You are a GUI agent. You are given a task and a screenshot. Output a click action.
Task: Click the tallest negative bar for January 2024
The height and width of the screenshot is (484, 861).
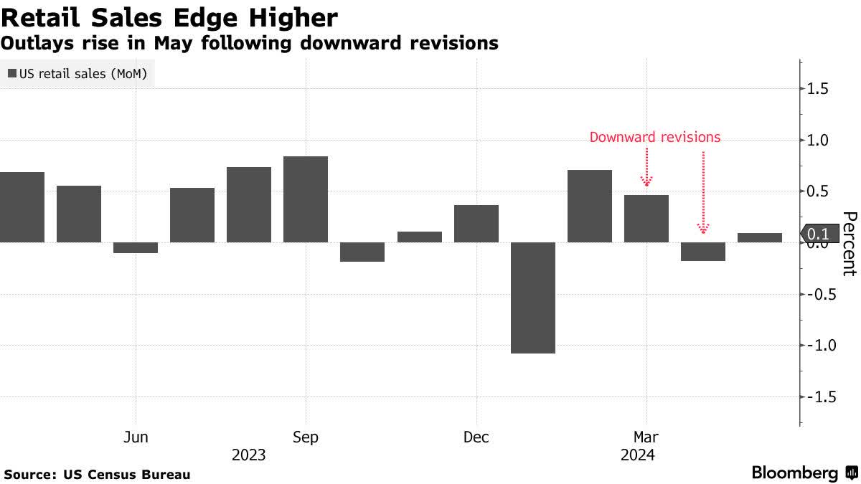533,298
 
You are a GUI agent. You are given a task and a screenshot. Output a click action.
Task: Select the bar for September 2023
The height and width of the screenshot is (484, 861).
306,199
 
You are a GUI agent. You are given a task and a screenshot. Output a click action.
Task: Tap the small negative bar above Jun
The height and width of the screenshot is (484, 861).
136,247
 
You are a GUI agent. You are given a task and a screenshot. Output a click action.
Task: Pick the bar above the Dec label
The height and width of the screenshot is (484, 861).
476,224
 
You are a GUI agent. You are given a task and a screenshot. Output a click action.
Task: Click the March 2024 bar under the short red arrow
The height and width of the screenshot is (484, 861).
646,219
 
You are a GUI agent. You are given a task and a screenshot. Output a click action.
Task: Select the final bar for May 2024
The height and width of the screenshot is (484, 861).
760,237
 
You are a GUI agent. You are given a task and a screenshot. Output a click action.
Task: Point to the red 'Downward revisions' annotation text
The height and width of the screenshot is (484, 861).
654,137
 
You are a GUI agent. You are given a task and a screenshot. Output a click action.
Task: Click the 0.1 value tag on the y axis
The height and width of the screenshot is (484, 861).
818,234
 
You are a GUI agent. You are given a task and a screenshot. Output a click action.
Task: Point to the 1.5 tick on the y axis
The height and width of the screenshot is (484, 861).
818,89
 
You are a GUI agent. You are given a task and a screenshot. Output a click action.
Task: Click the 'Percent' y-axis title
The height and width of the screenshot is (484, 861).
848,244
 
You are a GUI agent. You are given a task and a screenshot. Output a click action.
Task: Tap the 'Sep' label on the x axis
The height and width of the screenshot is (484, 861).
306,437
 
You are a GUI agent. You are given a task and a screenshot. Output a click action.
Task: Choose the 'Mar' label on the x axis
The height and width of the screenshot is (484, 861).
646,437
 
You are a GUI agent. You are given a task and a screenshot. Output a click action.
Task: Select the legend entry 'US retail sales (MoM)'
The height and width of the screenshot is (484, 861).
78,74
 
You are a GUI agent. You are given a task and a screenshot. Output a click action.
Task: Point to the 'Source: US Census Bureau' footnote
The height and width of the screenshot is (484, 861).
97,474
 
